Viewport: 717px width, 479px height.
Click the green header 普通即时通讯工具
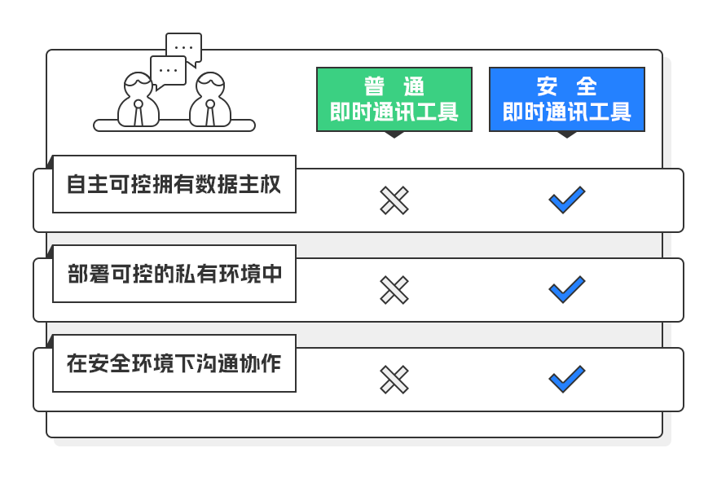pyautogui.click(x=394, y=99)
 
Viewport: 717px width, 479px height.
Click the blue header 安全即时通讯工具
pyautogui.click(x=567, y=99)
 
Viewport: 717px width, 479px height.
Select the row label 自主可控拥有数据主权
pyautogui.click(x=174, y=184)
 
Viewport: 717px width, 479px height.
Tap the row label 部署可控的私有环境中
pyautogui.click(x=174, y=274)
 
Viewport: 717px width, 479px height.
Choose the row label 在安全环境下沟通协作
pyautogui.click(x=174, y=363)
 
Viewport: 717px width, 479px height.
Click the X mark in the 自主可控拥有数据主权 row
pyautogui.click(x=394, y=200)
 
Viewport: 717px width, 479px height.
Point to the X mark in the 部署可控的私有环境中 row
pyautogui.click(x=394, y=290)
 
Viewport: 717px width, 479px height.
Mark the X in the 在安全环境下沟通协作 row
pyautogui.click(x=394, y=380)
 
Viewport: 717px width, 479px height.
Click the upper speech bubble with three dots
pyautogui.click(x=184, y=46)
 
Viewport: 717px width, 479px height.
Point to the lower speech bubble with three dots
pyautogui.click(x=169, y=71)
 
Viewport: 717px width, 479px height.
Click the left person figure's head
pyautogui.click(x=138, y=86)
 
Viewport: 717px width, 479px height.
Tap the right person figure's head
pyautogui.click(x=210, y=86)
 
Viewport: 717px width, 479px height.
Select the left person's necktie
pyautogui.click(x=138, y=113)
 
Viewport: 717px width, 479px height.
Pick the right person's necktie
pyautogui.click(x=210, y=113)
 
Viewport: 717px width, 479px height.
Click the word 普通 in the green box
pyautogui.click(x=394, y=86)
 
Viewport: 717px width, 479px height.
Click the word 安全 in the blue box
pyautogui.click(x=567, y=86)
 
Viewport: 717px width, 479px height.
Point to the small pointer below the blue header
pyautogui.click(x=567, y=135)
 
